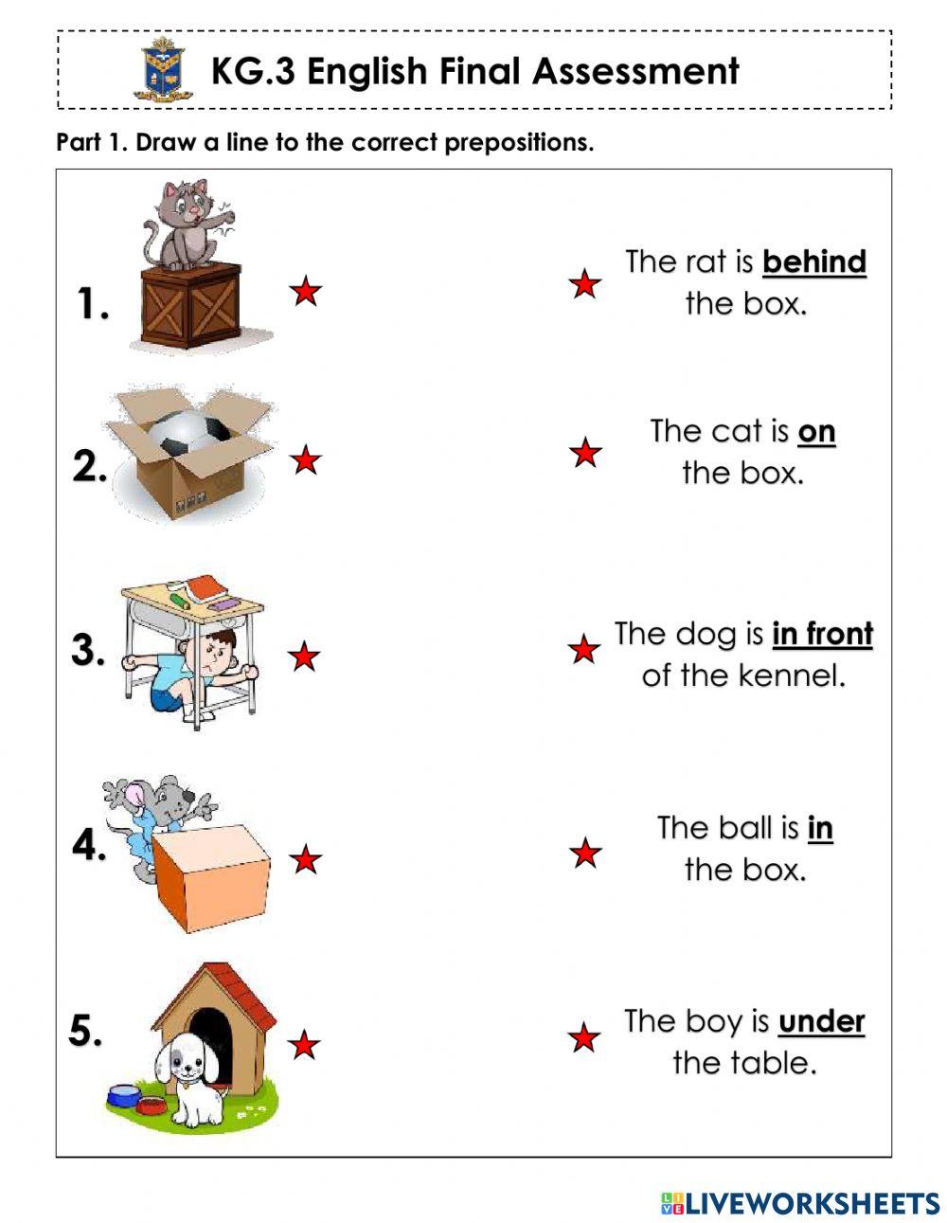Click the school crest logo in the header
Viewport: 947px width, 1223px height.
162,69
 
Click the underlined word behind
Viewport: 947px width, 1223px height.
813,262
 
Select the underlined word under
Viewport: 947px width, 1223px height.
821,1022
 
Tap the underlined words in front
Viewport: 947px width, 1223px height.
822,635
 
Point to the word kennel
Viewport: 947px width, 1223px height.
792,676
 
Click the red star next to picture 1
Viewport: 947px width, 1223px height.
305,291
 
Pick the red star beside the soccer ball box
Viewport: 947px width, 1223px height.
305,460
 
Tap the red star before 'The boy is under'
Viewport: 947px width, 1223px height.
584,1038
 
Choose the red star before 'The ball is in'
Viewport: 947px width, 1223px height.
586,854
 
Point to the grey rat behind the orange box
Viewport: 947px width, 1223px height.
161,801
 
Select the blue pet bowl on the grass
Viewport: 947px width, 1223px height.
124,1096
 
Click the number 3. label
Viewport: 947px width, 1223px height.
88,651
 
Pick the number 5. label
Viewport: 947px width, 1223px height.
85,1031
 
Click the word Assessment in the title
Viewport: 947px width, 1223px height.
635,71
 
